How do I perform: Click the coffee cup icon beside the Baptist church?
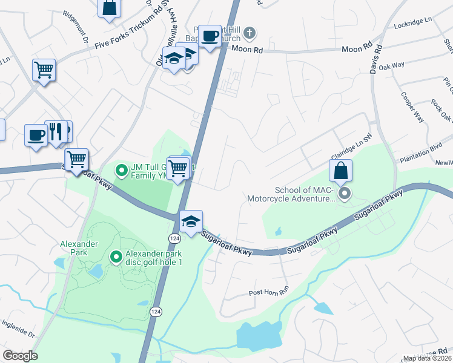click(210, 36)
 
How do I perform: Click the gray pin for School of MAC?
click(345, 194)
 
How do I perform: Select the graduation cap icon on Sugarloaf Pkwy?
click(191, 221)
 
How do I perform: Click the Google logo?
click(20, 356)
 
